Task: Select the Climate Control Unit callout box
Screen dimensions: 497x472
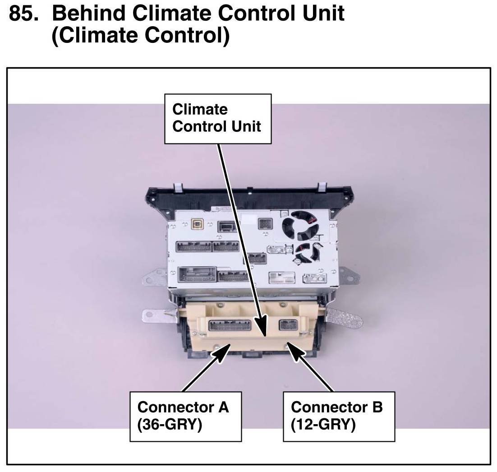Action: click(x=217, y=119)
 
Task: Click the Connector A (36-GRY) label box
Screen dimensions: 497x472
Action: click(x=185, y=416)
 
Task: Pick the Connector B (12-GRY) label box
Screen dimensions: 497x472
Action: click(x=339, y=416)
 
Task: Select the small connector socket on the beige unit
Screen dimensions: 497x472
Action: click(x=288, y=325)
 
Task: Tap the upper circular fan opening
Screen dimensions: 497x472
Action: click(x=301, y=226)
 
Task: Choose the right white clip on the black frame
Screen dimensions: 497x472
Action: click(x=322, y=186)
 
